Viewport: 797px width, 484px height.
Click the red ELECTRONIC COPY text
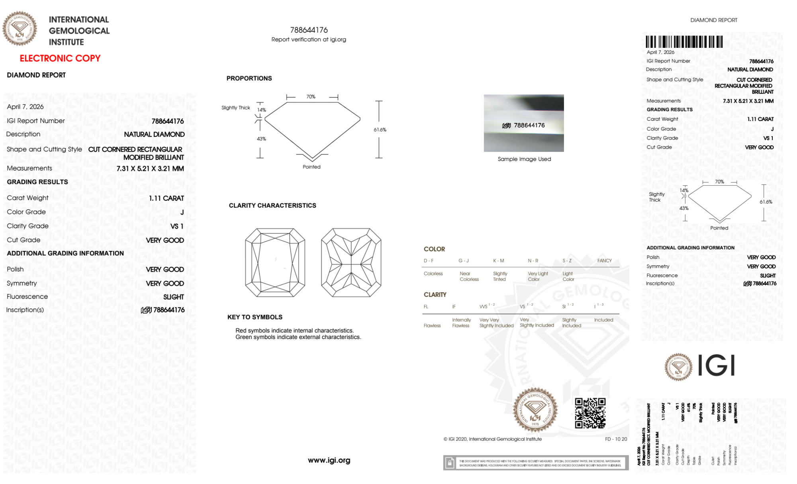click(60, 58)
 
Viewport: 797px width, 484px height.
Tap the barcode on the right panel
click(684, 42)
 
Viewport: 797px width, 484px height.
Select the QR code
click(590, 413)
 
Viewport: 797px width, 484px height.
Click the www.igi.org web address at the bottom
click(329, 460)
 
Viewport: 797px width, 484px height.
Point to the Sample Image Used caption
click(524, 159)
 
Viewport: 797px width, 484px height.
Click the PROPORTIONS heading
click(249, 78)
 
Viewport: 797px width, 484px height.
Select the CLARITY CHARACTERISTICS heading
click(272, 206)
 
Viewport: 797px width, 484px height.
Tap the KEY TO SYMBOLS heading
click(255, 317)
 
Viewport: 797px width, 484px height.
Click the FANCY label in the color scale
click(604, 261)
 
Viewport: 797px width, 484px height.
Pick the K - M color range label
click(498, 261)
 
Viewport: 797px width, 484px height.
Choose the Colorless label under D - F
click(433, 274)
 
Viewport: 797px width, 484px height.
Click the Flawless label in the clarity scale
click(432, 325)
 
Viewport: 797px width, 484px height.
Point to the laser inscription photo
click(524, 123)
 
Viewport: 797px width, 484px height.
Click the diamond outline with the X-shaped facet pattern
click(351, 263)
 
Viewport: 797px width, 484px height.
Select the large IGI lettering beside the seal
click(717, 365)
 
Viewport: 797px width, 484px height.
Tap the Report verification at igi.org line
click(309, 39)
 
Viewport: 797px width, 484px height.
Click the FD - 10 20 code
click(616, 439)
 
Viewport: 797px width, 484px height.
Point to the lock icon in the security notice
click(450, 463)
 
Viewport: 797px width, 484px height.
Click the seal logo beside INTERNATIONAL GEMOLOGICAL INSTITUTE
click(20, 29)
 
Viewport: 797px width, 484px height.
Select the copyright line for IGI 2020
click(492, 439)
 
